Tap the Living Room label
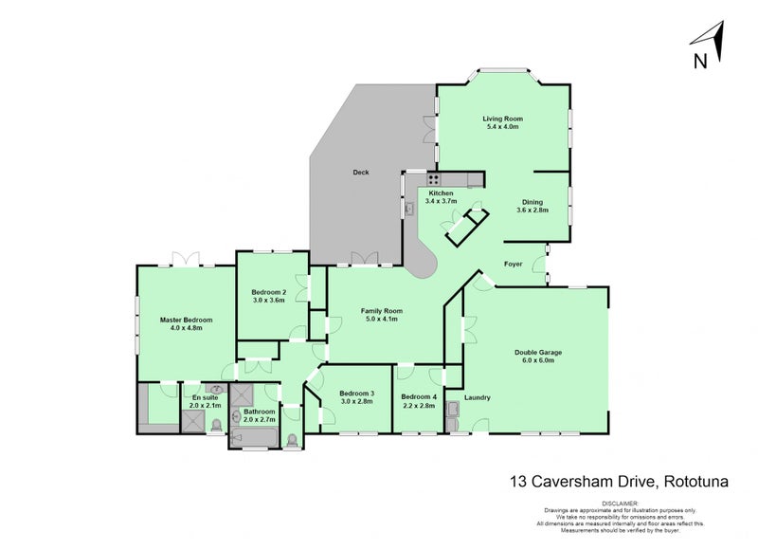503,119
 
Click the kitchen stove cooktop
432,178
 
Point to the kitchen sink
409,207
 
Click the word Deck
360,173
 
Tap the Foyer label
513,264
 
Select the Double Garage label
538,352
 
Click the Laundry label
477,397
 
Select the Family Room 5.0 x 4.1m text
382,315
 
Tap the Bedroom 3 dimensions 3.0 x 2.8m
358,402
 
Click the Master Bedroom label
186,321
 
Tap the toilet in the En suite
217,425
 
